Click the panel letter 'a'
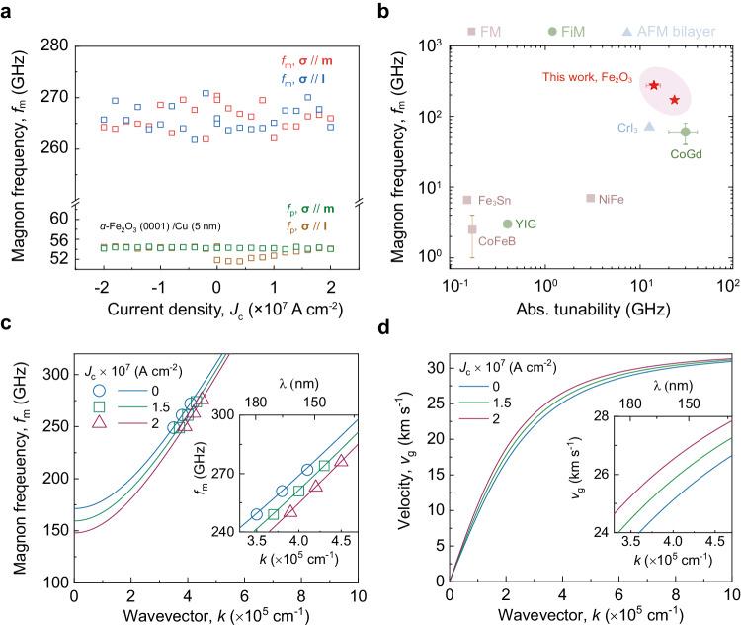[x=9, y=9]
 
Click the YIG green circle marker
[x=507, y=224]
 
